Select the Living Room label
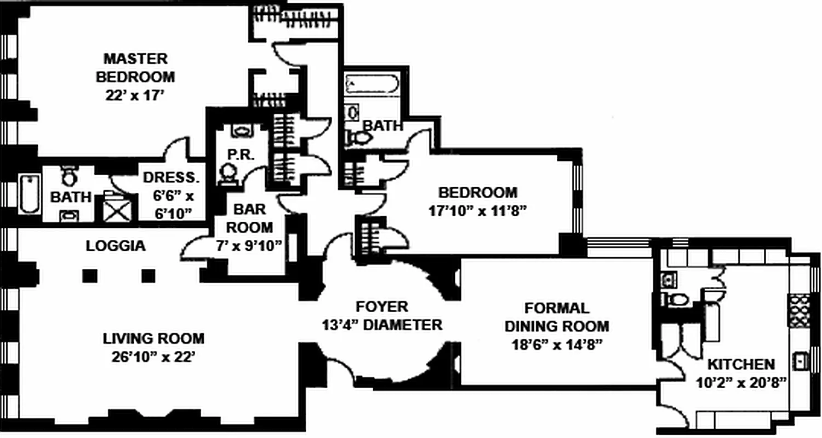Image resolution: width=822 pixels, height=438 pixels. click(153, 338)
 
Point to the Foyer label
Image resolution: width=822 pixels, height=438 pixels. click(381, 307)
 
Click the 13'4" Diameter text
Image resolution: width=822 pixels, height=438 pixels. click(381, 325)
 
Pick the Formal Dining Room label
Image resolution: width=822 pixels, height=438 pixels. click(556, 317)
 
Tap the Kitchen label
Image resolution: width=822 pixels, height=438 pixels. click(741, 364)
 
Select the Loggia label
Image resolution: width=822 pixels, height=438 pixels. click(116, 246)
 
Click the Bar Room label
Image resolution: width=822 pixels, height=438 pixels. click(250, 218)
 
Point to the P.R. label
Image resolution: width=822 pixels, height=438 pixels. click(239, 155)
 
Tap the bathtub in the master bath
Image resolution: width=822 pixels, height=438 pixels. click(29, 194)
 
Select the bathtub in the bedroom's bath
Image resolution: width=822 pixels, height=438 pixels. click(372, 85)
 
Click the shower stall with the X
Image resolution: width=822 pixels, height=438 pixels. click(115, 209)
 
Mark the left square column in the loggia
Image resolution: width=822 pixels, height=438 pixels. click(90, 276)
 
